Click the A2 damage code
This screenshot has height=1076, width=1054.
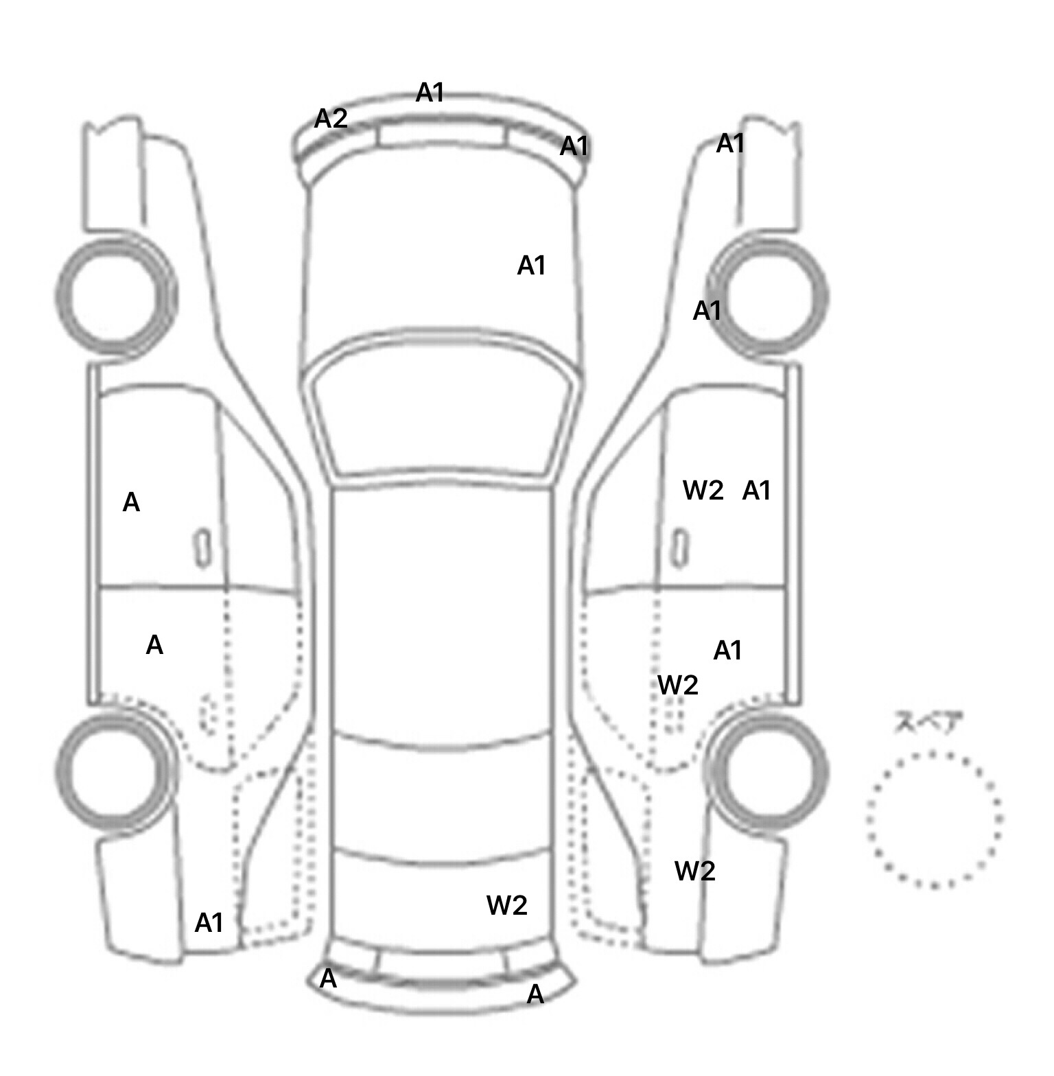(331, 119)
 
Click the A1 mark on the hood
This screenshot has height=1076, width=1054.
(531, 265)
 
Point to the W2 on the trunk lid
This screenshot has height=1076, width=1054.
(506, 905)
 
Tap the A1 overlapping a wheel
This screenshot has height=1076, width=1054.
(707, 311)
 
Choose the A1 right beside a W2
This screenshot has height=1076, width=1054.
(756, 490)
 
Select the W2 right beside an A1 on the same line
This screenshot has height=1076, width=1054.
(703, 490)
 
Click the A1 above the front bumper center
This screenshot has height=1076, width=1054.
(430, 92)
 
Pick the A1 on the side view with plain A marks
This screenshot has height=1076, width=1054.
(209, 923)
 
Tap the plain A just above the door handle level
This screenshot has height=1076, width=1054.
(131, 502)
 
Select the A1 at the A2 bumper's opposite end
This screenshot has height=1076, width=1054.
(574, 145)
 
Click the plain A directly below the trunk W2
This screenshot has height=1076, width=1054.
(535, 994)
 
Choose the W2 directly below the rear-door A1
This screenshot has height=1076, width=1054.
(678, 684)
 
